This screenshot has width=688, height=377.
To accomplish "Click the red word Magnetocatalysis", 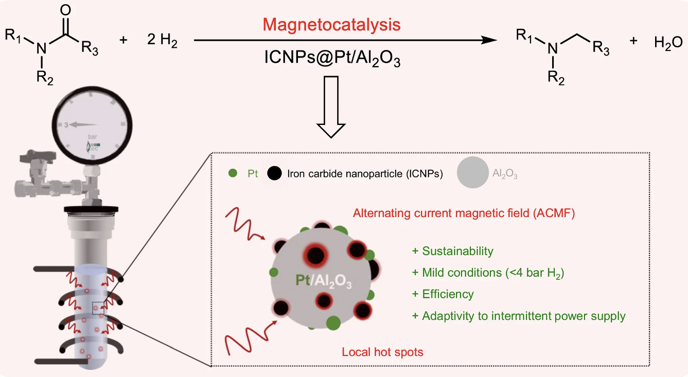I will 331,24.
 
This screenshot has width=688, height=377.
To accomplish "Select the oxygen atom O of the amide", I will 65,10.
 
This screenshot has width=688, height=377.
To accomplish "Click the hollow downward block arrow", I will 331,106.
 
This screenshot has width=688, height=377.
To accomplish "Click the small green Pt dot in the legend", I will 233,174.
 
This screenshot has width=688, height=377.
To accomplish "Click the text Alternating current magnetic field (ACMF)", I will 463,213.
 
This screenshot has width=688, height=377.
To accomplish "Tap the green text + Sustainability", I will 452,251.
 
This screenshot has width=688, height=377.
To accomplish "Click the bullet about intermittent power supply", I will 519,316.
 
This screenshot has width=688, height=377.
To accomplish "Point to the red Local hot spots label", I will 383,352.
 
